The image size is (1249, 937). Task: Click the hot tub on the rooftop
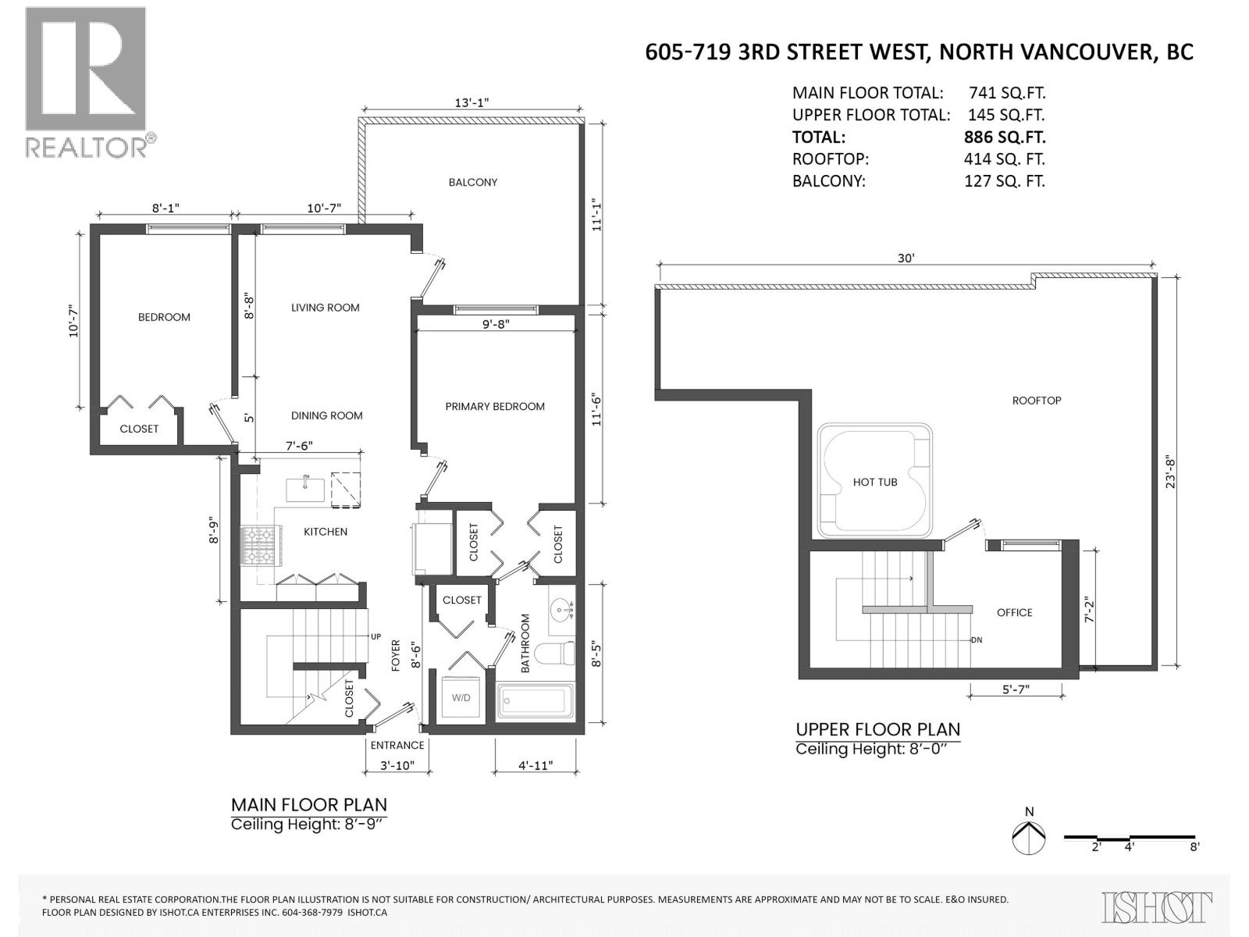click(x=875, y=481)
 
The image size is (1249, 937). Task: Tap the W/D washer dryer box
click(x=461, y=697)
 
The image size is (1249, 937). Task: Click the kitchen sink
click(x=306, y=490)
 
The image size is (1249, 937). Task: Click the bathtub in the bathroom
click(x=536, y=701)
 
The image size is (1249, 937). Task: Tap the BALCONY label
click(x=472, y=182)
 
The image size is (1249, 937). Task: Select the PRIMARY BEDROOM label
click(x=495, y=406)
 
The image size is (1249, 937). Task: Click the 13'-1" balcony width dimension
click(x=471, y=102)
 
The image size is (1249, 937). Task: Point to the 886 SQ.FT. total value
click(x=1005, y=137)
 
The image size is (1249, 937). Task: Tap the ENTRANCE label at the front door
click(x=397, y=745)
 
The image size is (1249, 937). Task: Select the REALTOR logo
click(x=86, y=82)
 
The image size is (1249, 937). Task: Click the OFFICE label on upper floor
click(x=1014, y=612)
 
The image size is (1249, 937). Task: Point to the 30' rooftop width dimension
click(x=906, y=258)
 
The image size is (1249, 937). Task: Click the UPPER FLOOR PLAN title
click(x=877, y=729)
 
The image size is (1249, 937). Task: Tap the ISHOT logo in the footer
click(x=1157, y=907)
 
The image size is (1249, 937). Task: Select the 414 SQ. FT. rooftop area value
click(x=1004, y=159)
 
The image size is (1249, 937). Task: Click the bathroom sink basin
click(x=560, y=608)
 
